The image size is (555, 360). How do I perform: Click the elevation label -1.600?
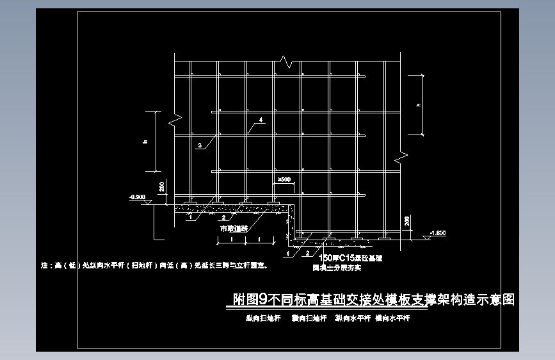[x=438, y=233]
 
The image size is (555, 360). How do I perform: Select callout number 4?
[x=261, y=120]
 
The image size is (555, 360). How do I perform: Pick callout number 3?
[x=200, y=146]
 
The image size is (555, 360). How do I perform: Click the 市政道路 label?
[x=232, y=227]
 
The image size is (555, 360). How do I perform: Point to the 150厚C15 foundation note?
[x=346, y=258]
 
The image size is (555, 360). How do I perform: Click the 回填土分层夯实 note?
[x=337, y=268]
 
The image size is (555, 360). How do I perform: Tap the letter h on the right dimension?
[x=418, y=105]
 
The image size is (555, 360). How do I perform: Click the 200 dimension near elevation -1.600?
[x=407, y=222]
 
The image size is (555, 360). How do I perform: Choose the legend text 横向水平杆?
[x=392, y=318]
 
